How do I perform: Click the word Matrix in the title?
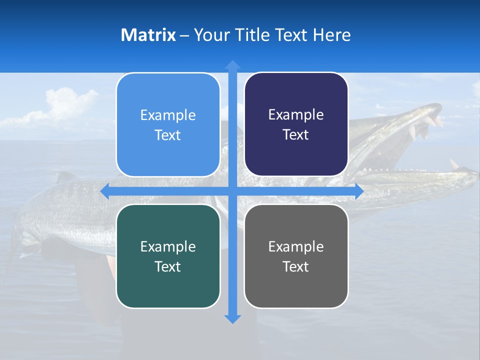148,35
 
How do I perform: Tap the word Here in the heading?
331,35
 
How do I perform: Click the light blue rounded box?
168,124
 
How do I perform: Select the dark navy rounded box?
296,124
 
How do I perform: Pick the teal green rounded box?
168,256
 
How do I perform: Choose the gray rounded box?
296,256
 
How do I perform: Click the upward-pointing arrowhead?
232,64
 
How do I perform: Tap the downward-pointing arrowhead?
232,318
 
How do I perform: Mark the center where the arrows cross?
232,191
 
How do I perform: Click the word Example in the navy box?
296,115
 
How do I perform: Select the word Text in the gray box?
296,266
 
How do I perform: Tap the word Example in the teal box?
168,246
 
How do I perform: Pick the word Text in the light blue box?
168,135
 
